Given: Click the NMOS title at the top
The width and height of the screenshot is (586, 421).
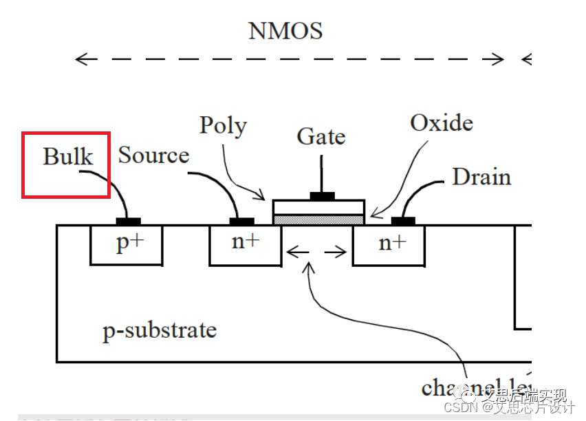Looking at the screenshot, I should point(285,31).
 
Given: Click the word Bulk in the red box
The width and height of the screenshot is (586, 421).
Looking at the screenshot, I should point(67,156).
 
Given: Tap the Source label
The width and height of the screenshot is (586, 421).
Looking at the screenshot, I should point(153,155).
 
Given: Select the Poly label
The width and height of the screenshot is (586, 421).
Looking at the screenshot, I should point(223,126).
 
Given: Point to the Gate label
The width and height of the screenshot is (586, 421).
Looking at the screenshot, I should point(321,136).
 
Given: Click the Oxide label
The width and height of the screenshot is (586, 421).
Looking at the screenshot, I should point(442,123).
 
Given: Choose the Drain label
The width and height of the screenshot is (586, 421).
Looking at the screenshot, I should point(481,177).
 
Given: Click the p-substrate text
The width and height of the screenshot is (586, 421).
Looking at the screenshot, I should point(160,331).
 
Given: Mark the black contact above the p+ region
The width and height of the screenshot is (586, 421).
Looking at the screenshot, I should point(128,221).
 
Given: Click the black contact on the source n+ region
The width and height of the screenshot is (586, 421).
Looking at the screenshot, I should point(241,221).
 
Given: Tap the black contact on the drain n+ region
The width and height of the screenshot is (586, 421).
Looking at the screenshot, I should point(403,221).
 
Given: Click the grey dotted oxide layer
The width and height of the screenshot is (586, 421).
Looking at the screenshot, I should point(318,219).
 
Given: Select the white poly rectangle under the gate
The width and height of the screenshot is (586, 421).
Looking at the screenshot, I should point(318,207).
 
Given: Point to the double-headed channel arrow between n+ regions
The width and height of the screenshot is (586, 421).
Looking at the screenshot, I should point(316,252).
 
